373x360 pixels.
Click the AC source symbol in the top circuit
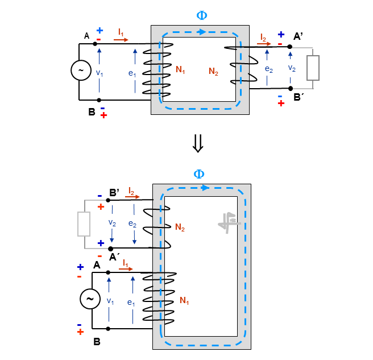pos(81,70)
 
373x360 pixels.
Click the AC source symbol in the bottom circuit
pos(90,299)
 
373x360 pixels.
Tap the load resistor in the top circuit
pos(313,68)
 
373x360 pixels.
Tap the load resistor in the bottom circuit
pos(84,224)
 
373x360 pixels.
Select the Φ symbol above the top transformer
pos(202,15)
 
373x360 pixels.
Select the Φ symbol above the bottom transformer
pos(199,174)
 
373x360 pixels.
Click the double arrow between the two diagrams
pos(198,143)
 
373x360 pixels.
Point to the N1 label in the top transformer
pos(180,69)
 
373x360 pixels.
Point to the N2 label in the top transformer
pos(213,71)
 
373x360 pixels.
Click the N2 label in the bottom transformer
pos(180,227)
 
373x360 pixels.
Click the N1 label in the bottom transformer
pos(184,300)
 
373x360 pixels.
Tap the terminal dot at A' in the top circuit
pos(290,47)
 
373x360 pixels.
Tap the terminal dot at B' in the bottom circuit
pos(108,200)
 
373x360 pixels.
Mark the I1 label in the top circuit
pos(121,32)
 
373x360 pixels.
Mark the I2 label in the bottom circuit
pos(131,191)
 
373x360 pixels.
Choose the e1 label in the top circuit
pos(132,73)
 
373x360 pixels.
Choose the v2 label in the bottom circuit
pos(112,223)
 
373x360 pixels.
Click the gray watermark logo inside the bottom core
pos(229,223)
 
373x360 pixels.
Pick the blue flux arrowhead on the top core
pos(202,32)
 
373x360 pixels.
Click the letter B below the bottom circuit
pos(97,342)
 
